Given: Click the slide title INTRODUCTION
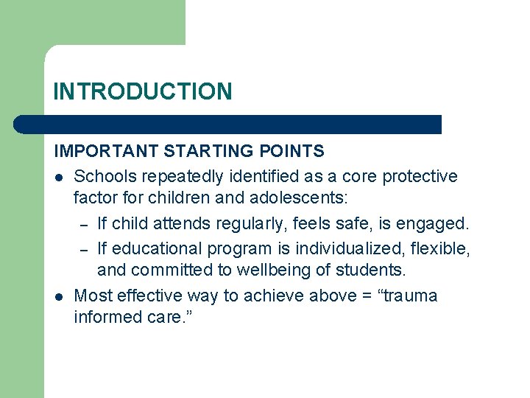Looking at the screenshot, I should tap(143, 91).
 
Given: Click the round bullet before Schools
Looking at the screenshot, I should tap(59, 177).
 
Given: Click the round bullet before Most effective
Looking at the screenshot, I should tap(59, 296).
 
